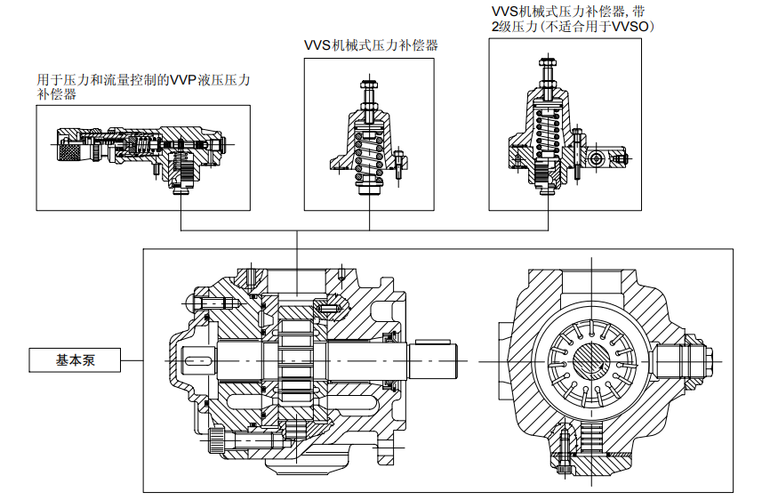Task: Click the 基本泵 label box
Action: pyautogui.click(x=75, y=360)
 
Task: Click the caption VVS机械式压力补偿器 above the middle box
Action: pyautogui.click(x=371, y=44)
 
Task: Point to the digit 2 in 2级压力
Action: pyautogui.click(x=495, y=27)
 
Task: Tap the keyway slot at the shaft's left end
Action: pyautogui.click(x=200, y=360)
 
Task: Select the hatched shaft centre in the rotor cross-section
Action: pyautogui.click(x=590, y=360)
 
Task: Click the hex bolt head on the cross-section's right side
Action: pyautogui.click(x=689, y=360)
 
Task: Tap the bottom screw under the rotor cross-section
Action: pyautogui.click(x=565, y=449)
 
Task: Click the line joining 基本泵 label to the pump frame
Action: pyautogui.click(x=132, y=360)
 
